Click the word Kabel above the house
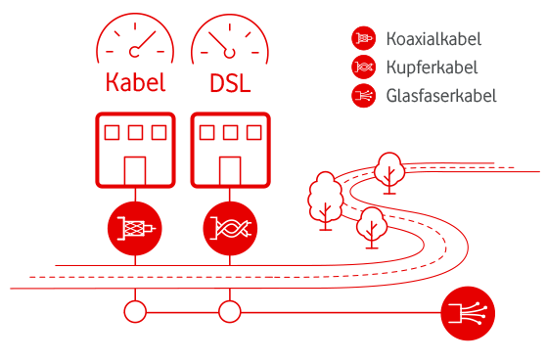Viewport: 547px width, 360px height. point(134,82)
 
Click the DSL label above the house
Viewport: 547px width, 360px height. point(230,82)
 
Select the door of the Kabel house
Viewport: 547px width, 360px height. point(134,169)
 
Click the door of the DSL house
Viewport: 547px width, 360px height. point(230,169)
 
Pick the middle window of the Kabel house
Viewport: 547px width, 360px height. point(134,131)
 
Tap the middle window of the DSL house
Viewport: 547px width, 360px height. point(230,131)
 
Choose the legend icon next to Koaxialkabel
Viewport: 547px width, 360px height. point(363,39)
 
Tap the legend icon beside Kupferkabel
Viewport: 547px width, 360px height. point(363,67)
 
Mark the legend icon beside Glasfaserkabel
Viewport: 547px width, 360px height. point(363,96)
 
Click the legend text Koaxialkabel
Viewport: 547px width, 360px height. point(434,40)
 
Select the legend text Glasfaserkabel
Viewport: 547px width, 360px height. point(441,96)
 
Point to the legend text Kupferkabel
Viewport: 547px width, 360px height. point(432,67)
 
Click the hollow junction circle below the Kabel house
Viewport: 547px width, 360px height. point(134,313)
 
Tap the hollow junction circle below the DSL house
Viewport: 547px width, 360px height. point(230,313)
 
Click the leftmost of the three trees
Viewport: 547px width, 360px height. point(323,199)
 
